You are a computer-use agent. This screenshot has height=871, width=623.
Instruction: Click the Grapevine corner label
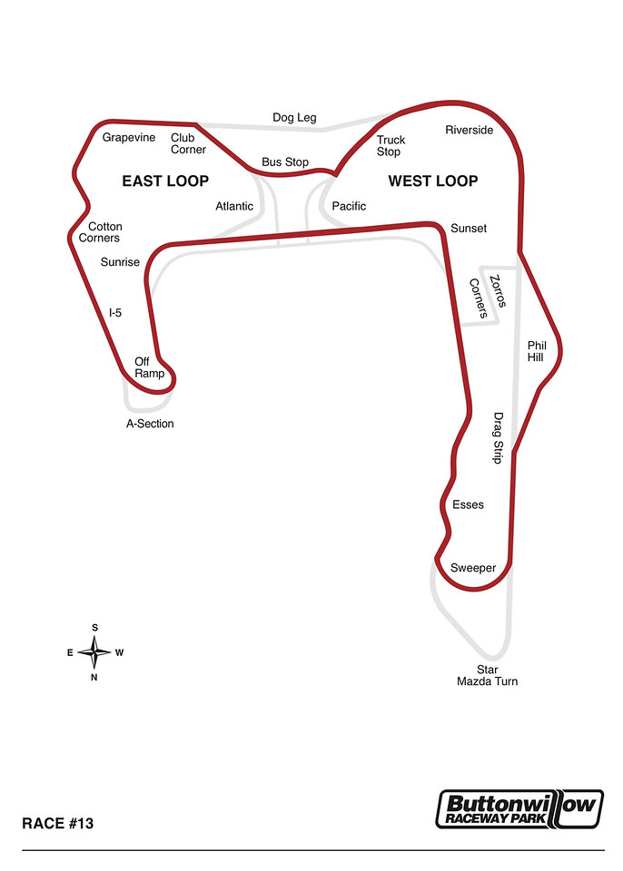pyautogui.click(x=128, y=138)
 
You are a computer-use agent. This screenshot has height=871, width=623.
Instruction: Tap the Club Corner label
pyautogui.click(x=188, y=143)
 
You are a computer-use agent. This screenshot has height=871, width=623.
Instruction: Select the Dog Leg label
pyautogui.click(x=294, y=118)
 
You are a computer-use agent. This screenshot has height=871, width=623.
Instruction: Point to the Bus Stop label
pyautogui.click(x=285, y=162)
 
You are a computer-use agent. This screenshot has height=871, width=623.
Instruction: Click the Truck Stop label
pyautogui.click(x=391, y=146)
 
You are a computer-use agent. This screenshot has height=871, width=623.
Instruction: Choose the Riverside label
pyautogui.click(x=469, y=130)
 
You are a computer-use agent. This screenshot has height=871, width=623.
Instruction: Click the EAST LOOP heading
pyautogui.click(x=165, y=181)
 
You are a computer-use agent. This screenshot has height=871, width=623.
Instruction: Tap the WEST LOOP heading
pyautogui.click(x=433, y=181)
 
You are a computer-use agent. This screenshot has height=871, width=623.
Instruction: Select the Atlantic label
pyautogui.click(x=234, y=206)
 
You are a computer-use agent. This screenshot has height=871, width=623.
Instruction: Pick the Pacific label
pyautogui.click(x=349, y=206)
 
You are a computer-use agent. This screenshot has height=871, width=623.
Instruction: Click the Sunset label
pyautogui.click(x=469, y=229)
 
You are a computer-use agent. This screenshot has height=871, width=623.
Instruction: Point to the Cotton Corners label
pyautogui.click(x=100, y=232)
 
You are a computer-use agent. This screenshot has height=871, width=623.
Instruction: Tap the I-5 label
pyautogui.click(x=115, y=313)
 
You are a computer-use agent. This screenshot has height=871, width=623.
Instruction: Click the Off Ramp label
pyautogui.click(x=149, y=367)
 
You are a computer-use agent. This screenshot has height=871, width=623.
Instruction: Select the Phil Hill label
pyautogui.click(x=537, y=352)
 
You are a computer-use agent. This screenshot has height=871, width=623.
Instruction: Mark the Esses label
pyautogui.click(x=468, y=505)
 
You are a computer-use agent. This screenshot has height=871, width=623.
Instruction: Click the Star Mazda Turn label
pyautogui.click(x=488, y=675)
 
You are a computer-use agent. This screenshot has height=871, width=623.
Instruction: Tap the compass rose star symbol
pyautogui.click(x=94, y=652)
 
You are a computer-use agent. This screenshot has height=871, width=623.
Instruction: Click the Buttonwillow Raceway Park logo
pyautogui.click(x=519, y=808)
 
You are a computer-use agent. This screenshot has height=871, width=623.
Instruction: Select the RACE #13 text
pyautogui.click(x=58, y=823)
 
